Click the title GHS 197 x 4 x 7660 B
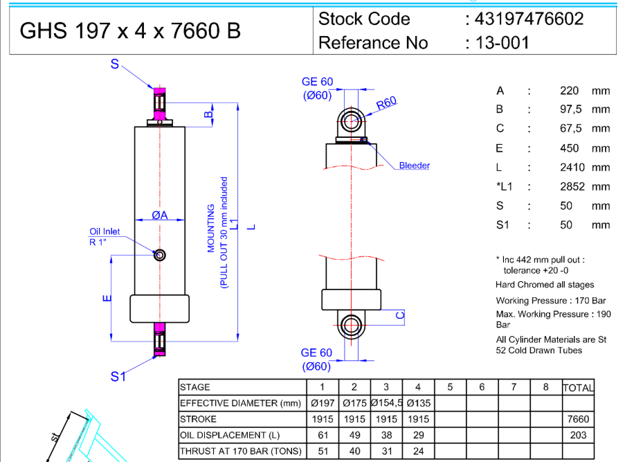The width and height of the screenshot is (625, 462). pyautogui.click(x=130, y=31)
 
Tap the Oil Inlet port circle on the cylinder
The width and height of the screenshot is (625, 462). pyautogui.click(x=160, y=255)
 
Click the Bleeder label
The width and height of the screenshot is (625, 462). pyautogui.click(x=414, y=166)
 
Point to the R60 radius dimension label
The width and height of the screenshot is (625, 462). pyautogui.click(x=386, y=103)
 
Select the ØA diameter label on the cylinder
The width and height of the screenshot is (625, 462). pyautogui.click(x=160, y=215)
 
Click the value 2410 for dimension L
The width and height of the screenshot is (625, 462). pyautogui.click(x=572, y=167)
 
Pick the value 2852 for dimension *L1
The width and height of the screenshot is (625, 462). pyautogui.click(x=572, y=186)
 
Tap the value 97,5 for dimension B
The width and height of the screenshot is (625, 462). pyautogui.click(x=572, y=109)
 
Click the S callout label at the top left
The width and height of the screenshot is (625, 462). pyautogui.click(x=115, y=64)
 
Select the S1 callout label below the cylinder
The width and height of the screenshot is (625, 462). pyautogui.click(x=118, y=376)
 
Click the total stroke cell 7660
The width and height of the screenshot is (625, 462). pyautogui.click(x=578, y=419)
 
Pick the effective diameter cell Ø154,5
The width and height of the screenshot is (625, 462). pyautogui.click(x=386, y=403)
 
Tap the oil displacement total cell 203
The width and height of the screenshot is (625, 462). pyautogui.click(x=578, y=435)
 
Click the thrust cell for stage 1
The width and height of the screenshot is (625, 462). pyautogui.click(x=323, y=451)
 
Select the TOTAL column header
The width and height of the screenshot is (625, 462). pyautogui.click(x=578, y=388)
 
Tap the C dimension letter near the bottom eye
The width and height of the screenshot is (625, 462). pyautogui.click(x=399, y=315)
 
